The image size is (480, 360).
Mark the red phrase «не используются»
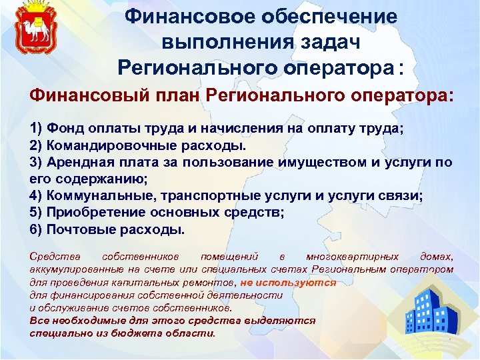[288, 282]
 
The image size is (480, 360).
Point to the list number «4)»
[36, 196]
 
